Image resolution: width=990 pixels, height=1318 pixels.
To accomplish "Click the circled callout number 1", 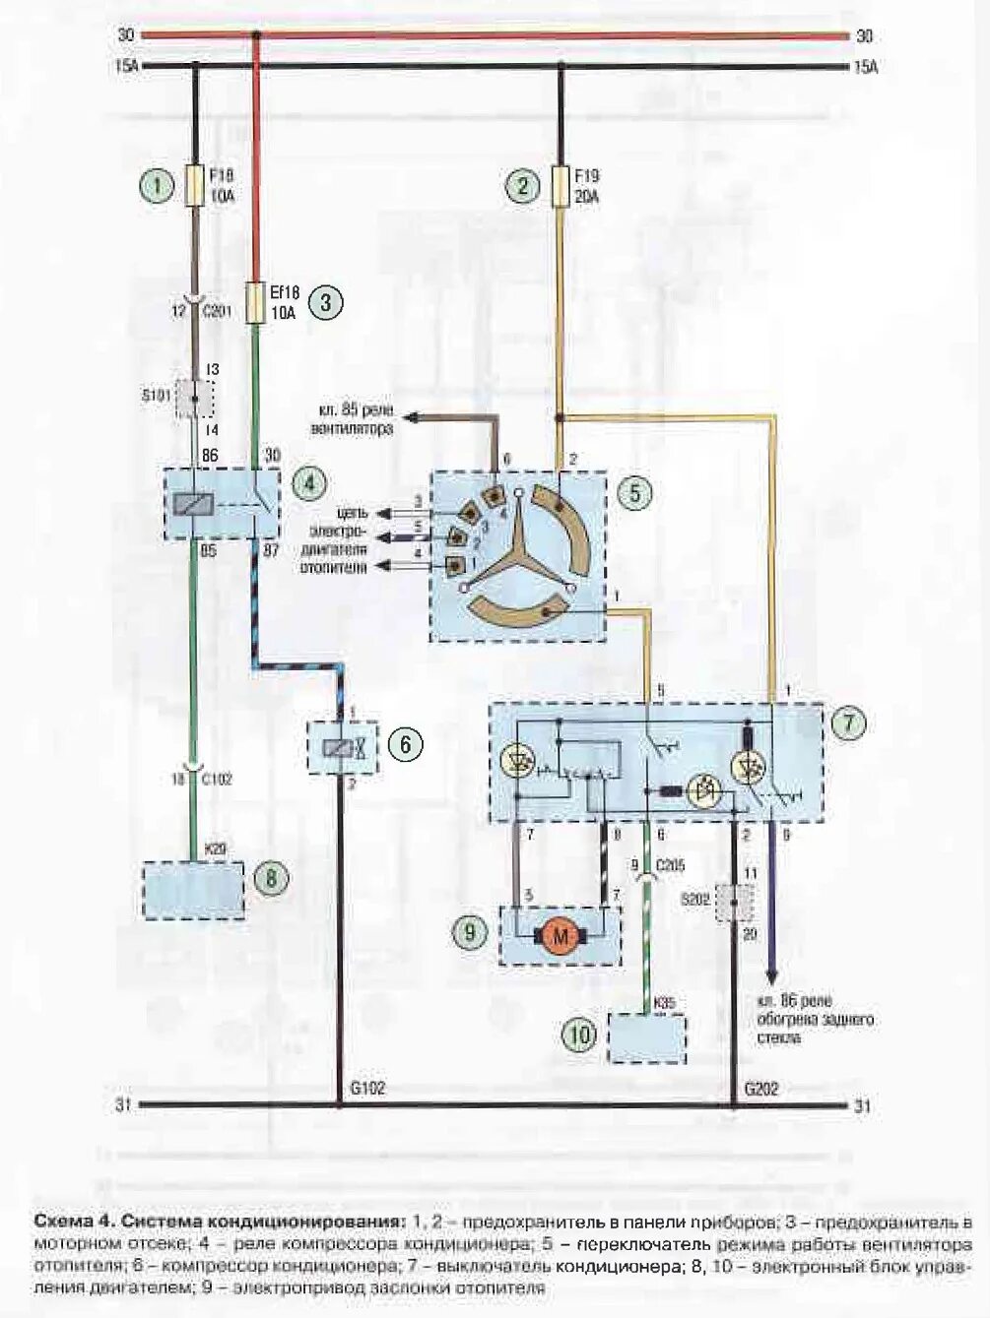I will point(155,186).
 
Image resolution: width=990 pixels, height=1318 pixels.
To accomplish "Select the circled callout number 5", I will point(634,492).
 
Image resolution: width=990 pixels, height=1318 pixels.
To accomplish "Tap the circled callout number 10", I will point(580,1035).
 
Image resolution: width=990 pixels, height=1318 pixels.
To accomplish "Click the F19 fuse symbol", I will point(561,185).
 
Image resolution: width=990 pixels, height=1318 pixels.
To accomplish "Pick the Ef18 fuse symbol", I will point(256,303).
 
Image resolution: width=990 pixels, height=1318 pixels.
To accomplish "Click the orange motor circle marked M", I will point(561,936).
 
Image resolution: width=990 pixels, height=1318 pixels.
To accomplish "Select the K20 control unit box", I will point(193,891).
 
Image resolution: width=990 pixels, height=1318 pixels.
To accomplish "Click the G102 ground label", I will point(367,1089).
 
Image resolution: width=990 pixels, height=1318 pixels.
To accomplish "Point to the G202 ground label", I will point(762,1089).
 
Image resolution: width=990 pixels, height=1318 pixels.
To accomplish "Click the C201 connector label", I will point(216,312).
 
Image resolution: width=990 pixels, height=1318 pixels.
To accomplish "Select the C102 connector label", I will point(217,779).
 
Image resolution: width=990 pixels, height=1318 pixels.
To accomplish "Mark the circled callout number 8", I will point(271,877).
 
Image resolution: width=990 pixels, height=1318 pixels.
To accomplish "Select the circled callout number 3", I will point(325,304).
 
